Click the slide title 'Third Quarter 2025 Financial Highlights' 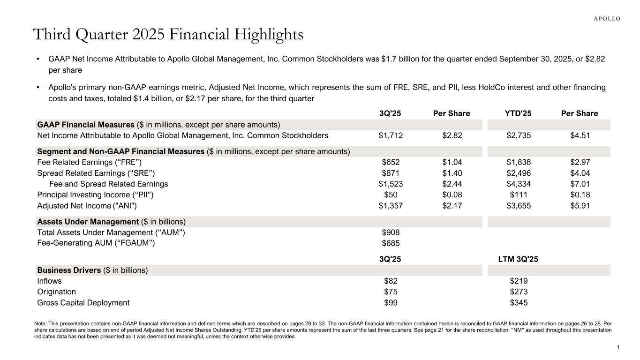click(168, 34)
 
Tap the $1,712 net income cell click(391, 136)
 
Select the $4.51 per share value click(580, 136)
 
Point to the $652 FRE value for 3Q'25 click(391, 163)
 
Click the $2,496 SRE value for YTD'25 click(519, 173)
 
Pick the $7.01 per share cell click(580, 184)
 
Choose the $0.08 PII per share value click(452, 195)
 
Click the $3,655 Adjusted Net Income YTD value click(519, 205)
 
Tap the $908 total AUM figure click(391, 232)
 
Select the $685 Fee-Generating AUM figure click(391, 243)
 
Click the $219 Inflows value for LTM click(519, 281)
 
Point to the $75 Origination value click(391, 292)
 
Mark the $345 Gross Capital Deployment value click(519, 303)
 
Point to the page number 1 click(618, 347)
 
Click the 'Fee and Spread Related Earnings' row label click(108, 184)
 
